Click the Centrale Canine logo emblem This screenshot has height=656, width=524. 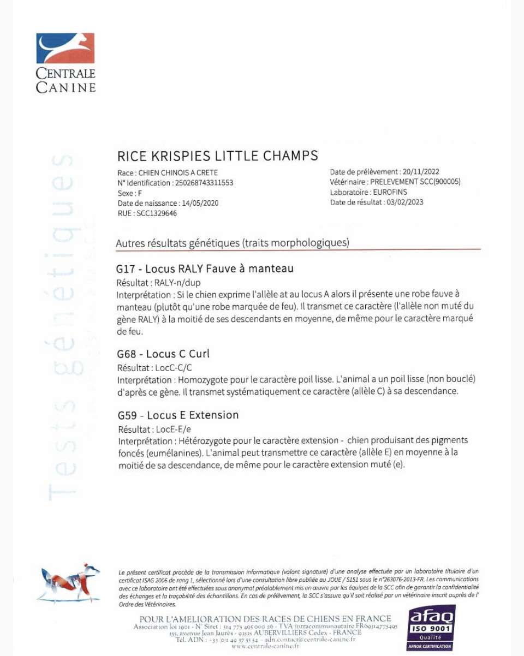pos(65,49)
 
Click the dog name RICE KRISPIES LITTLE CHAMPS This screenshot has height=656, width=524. pos(217,156)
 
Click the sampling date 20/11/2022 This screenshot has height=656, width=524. pos(421,172)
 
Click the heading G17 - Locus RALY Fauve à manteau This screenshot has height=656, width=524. pos(205,269)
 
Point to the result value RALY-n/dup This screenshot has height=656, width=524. pos(174,283)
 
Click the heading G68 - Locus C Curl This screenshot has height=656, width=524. pos(163,354)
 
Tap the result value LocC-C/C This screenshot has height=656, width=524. pos(174,368)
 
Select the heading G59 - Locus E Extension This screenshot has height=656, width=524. pos(178,415)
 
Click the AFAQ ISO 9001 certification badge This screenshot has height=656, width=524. pos(431,627)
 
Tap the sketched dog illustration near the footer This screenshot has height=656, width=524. pos(69,583)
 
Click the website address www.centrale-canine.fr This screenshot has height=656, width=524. pos(265,646)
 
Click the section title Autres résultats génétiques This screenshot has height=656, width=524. pos(232,243)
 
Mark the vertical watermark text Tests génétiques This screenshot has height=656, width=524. pos(61,327)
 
